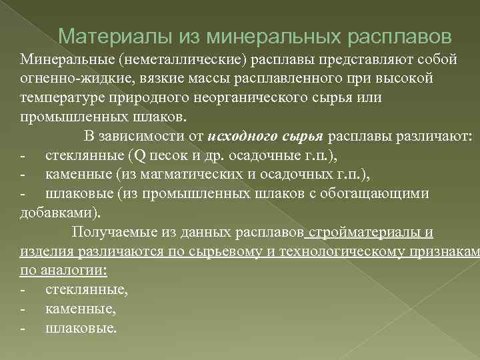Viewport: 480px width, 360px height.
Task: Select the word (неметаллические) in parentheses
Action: click(181, 59)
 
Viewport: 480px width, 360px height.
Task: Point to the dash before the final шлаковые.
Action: click(23, 329)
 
